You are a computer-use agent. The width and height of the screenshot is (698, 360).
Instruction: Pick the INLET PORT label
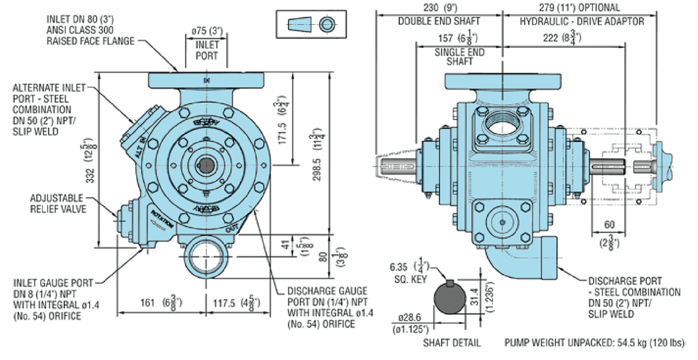pyautogui.click(x=206, y=51)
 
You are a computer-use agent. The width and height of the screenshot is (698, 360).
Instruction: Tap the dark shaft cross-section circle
pyautogui.click(x=450, y=301)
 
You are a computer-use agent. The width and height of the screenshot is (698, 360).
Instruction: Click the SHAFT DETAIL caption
pyautogui.click(x=451, y=343)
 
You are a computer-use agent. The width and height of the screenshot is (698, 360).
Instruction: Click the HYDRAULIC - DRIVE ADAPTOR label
pyautogui.click(x=582, y=21)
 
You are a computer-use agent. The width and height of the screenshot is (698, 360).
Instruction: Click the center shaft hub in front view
pyautogui.click(x=205, y=166)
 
